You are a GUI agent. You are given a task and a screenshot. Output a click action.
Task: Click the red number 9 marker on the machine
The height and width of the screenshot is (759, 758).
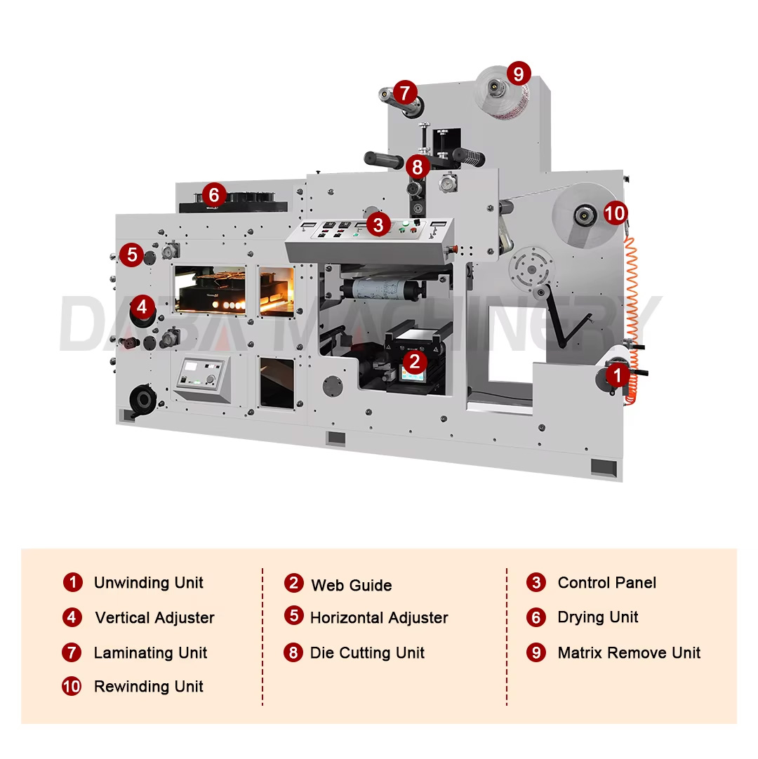(x=518, y=73)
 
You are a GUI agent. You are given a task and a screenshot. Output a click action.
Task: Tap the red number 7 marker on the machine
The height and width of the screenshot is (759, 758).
(x=405, y=92)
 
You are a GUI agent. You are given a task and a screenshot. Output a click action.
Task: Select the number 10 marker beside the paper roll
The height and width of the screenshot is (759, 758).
(x=616, y=213)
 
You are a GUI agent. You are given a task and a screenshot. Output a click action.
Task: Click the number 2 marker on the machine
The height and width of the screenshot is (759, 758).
(x=415, y=362)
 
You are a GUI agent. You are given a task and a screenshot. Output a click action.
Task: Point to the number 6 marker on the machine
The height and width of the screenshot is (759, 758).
(x=214, y=194)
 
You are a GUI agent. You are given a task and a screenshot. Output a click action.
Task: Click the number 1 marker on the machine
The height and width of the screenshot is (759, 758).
(x=617, y=376)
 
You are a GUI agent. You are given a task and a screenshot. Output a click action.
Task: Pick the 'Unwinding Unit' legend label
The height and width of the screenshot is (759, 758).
(x=148, y=583)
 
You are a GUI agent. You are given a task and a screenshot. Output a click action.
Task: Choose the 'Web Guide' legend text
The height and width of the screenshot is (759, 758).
(x=351, y=585)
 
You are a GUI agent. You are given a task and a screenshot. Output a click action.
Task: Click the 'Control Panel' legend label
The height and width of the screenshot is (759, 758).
(x=606, y=582)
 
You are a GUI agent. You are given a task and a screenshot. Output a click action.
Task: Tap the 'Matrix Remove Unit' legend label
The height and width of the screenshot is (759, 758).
(x=629, y=653)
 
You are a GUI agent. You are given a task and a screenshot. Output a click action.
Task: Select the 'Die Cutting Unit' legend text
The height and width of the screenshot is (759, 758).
(x=367, y=653)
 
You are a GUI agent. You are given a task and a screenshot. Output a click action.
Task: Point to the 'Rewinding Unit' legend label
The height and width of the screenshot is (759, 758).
(x=148, y=687)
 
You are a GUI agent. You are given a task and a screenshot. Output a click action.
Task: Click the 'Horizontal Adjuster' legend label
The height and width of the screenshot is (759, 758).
(x=378, y=618)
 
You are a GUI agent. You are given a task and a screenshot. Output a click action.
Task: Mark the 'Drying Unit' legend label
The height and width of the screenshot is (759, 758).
(x=597, y=617)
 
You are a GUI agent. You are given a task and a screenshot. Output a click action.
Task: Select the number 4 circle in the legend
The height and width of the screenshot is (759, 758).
(x=72, y=617)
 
